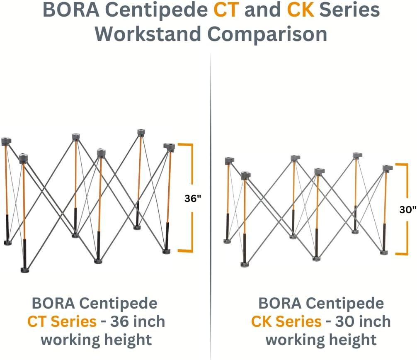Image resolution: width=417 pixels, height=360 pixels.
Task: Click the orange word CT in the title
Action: coord(226,10)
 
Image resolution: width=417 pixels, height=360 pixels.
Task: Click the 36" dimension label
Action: coord(193,198)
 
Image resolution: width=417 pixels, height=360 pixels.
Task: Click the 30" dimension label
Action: coord(407,209)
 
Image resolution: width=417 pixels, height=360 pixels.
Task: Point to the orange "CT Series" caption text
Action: coord(62,321)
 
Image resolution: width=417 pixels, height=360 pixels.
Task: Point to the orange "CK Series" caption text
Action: coord(286,321)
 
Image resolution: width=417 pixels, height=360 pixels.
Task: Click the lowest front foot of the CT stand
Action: coord(25,270)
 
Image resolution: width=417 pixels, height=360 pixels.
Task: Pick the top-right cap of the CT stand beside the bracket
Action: coord(169,147)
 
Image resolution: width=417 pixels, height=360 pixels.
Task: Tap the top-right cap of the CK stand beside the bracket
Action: coord(387,168)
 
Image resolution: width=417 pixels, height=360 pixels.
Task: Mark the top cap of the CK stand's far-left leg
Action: coord(229,160)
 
